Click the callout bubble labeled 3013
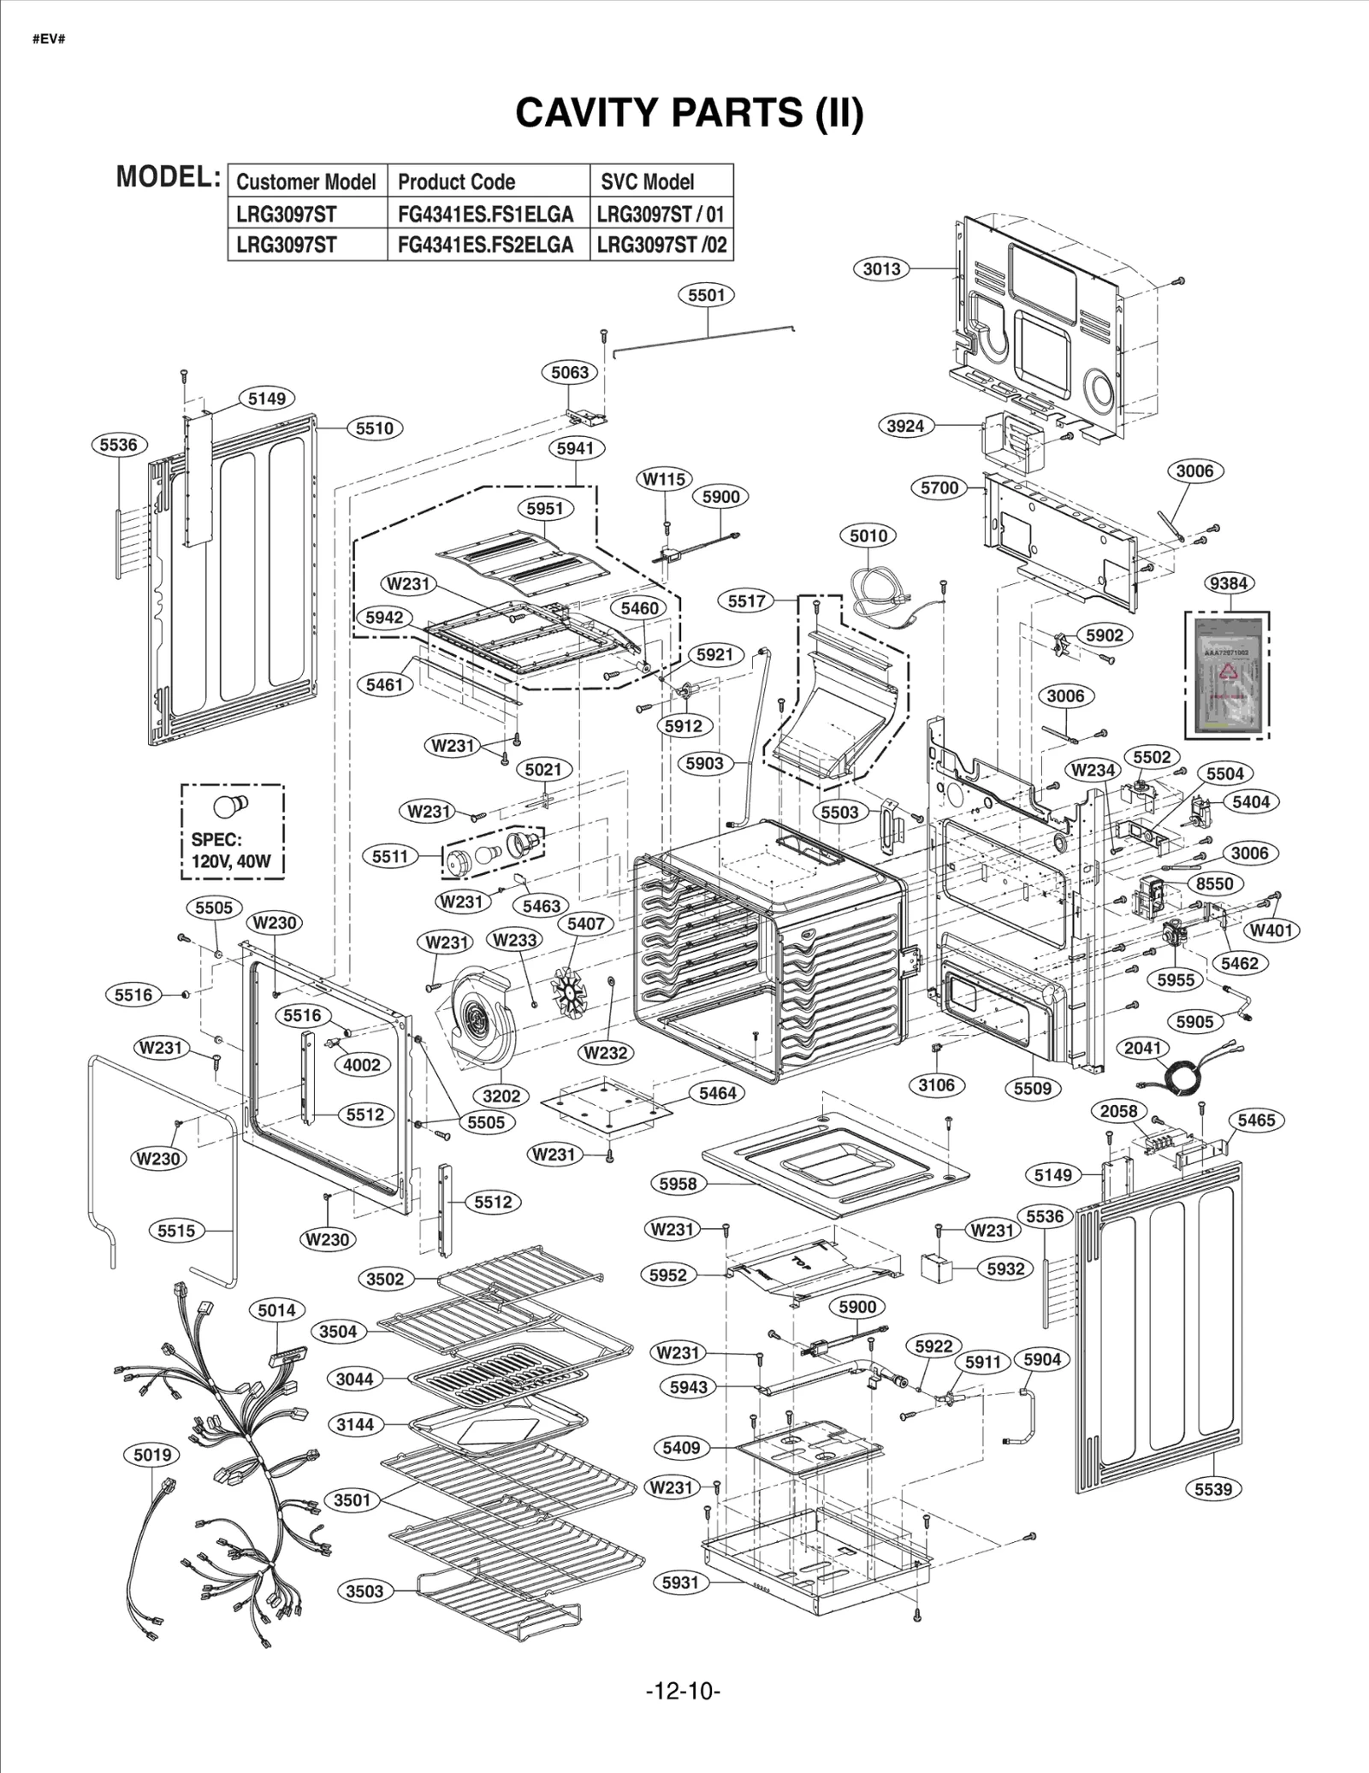[881, 269]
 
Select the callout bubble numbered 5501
[706, 295]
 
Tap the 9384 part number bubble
[1228, 583]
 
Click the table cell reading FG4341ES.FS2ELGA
[485, 245]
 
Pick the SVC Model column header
[647, 181]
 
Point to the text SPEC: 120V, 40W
[229, 850]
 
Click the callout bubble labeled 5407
[586, 924]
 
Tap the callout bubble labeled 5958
[679, 1184]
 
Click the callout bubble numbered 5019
[152, 1454]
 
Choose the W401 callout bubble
[1271, 930]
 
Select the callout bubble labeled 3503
[364, 1591]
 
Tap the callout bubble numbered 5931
[680, 1582]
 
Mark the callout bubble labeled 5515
[176, 1231]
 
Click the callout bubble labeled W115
[664, 479]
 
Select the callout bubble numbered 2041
[1142, 1048]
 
